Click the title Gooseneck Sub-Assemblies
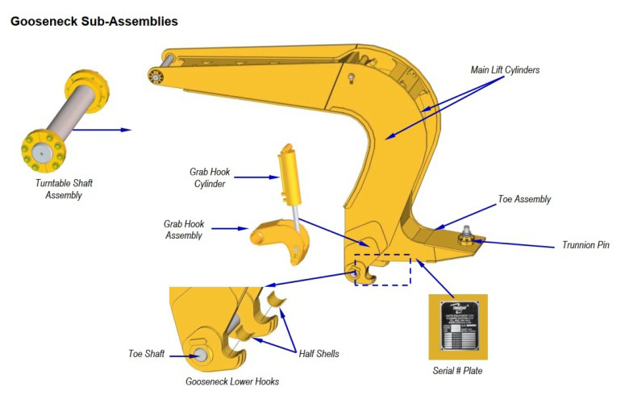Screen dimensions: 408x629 tap(94, 21)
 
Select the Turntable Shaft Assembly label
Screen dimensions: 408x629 tap(64, 189)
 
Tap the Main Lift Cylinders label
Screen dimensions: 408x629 tap(505, 70)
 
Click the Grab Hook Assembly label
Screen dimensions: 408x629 tap(184, 229)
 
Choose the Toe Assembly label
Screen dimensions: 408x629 tap(523, 199)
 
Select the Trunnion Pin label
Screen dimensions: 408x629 tap(585, 245)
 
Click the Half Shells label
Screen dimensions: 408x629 tap(318, 353)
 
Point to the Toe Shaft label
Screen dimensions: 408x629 tap(147, 353)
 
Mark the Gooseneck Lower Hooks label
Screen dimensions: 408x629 tap(232, 381)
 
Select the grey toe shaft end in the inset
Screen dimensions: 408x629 tap(197, 352)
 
